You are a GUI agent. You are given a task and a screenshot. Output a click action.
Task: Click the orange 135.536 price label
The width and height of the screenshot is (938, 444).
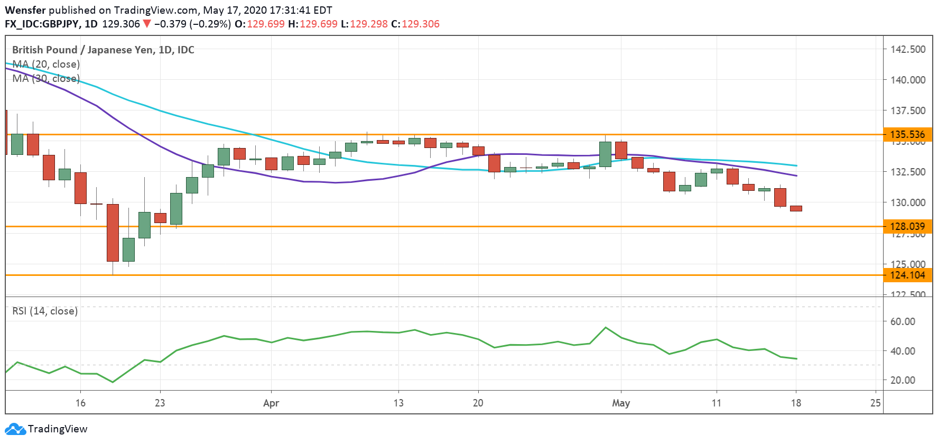click(907, 134)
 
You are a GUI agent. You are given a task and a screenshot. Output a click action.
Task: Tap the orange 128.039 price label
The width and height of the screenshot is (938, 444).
click(907, 226)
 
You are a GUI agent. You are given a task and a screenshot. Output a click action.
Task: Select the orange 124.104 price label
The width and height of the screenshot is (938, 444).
click(907, 275)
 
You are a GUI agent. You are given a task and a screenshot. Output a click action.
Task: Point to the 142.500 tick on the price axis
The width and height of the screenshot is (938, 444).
click(908, 49)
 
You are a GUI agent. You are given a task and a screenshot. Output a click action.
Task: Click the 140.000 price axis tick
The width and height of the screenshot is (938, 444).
click(908, 80)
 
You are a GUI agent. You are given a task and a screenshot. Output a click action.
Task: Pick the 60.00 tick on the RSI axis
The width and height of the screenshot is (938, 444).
click(903, 321)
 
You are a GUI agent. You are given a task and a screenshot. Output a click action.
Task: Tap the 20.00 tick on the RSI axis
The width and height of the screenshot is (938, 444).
click(903, 380)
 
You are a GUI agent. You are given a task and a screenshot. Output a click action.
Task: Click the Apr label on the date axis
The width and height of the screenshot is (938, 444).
click(271, 403)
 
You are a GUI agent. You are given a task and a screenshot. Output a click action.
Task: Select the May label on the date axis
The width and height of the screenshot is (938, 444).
click(621, 403)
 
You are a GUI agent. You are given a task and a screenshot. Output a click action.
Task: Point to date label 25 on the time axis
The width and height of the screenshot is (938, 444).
click(876, 403)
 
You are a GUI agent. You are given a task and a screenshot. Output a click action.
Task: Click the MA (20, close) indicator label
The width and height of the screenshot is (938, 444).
click(46, 64)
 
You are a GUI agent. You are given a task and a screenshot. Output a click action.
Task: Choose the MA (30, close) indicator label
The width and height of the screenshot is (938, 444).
click(46, 78)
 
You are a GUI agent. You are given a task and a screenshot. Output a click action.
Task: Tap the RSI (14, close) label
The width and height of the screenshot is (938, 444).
click(45, 311)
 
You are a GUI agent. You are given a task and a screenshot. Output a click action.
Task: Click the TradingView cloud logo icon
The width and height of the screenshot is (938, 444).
click(15, 429)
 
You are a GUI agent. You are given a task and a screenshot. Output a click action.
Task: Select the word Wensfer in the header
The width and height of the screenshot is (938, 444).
click(25, 10)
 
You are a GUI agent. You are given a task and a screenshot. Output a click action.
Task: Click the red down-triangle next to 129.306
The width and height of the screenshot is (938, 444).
click(147, 24)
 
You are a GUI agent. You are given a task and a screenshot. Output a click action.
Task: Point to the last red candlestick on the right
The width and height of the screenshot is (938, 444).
click(796, 208)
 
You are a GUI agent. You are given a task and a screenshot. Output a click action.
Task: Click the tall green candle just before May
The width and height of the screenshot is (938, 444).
click(605, 154)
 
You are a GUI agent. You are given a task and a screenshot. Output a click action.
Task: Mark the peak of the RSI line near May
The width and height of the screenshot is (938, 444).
click(606, 328)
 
